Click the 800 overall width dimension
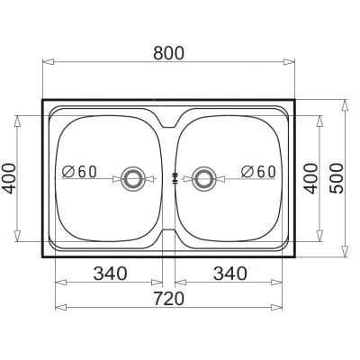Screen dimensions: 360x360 (168, 53)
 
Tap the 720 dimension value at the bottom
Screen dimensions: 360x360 (168, 296)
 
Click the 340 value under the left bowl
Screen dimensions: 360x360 (109, 272)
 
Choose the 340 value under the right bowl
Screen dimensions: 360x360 (229, 272)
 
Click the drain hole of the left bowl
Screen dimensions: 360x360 (135, 178)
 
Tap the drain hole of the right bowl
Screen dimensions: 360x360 (204, 178)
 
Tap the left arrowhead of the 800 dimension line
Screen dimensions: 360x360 (46, 63)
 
